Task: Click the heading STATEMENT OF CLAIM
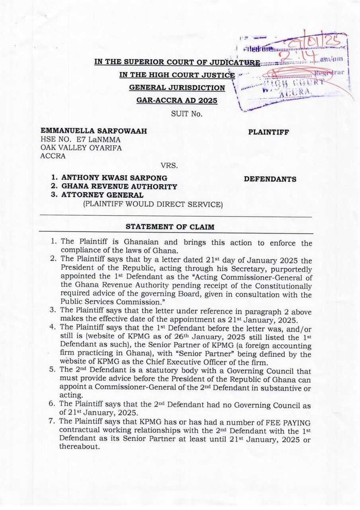[x=170, y=227]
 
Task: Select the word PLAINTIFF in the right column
[x=268, y=132]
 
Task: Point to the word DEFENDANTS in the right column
[x=270, y=179]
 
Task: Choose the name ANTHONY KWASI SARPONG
[x=114, y=178]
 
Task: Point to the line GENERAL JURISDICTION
[x=177, y=87]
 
